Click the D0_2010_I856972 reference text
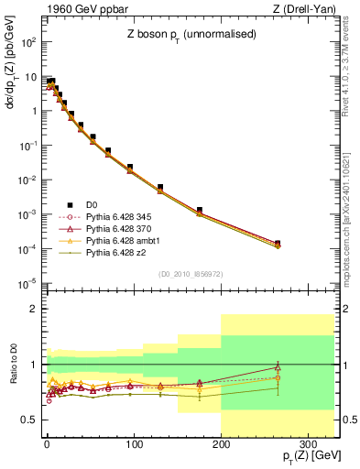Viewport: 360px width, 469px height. coord(176,274)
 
